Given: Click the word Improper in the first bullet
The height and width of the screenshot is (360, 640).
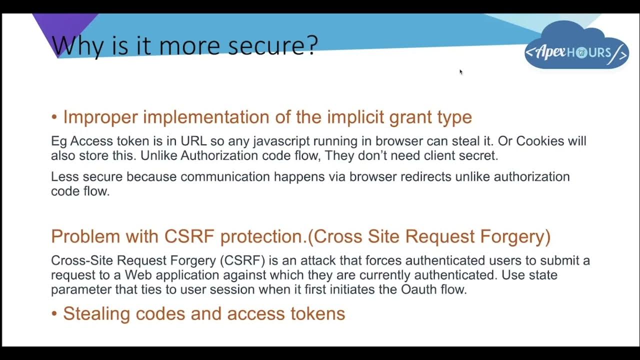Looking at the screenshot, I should pos(100,117).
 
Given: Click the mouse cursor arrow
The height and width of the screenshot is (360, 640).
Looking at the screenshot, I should pos(460,71).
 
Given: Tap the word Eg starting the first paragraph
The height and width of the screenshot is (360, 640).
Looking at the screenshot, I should pos(58,141).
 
